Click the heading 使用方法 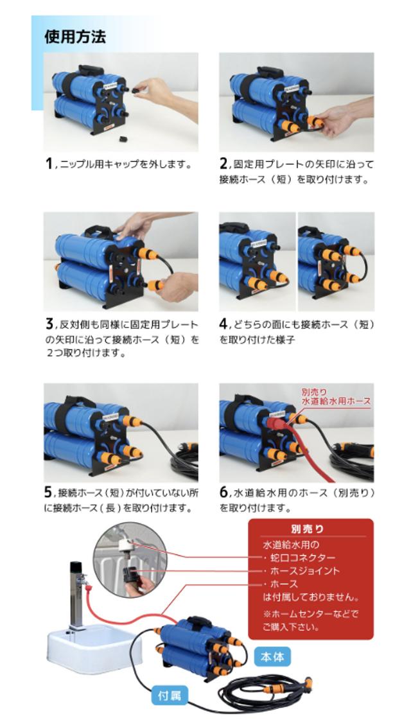75,37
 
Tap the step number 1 48,164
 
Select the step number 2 223,164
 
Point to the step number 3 49,324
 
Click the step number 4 223,324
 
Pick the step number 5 49,492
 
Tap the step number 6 223,492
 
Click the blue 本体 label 272,656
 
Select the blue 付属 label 170,696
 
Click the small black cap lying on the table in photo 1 123,137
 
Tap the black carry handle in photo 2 270,71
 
